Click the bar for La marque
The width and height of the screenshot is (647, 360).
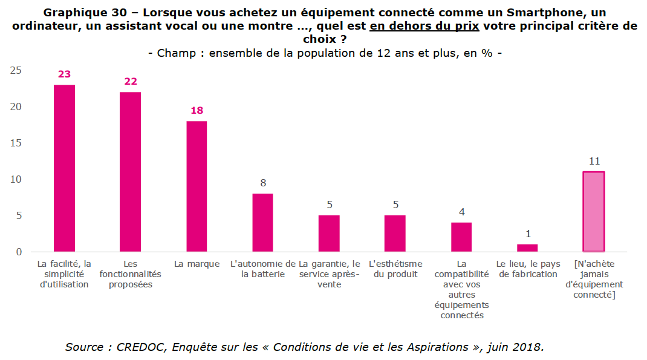(x=197, y=186)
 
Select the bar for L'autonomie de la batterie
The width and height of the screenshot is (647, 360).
(x=262, y=223)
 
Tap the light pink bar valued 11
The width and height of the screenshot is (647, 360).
(x=593, y=212)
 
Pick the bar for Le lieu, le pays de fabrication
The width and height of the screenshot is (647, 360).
(x=527, y=248)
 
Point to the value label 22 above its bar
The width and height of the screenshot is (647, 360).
(x=131, y=82)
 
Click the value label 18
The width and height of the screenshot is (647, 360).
(x=197, y=111)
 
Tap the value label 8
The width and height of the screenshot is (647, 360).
(x=262, y=183)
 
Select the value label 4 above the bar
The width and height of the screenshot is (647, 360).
(x=461, y=212)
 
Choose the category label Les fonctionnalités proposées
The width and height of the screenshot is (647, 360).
(x=131, y=274)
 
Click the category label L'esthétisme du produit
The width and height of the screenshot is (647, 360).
(x=395, y=269)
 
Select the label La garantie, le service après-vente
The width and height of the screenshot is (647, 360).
(x=329, y=274)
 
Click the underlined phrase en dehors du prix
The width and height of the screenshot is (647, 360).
(x=424, y=26)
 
